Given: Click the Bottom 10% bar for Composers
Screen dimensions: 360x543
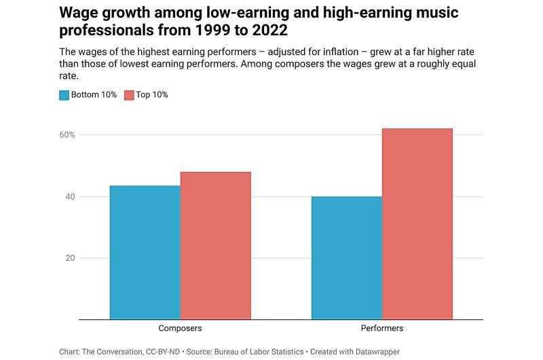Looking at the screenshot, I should pos(145,252).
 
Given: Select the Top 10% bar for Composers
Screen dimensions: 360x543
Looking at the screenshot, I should pos(216,245).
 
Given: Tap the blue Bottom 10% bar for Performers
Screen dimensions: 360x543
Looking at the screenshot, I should pos(347,257).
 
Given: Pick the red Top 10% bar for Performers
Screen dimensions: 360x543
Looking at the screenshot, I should pos(417,223).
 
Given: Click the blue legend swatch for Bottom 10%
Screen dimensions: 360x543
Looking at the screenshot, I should pos(64,95).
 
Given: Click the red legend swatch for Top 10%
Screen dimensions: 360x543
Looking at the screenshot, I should pos(129,95).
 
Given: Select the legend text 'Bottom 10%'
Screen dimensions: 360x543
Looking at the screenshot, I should pos(94,95).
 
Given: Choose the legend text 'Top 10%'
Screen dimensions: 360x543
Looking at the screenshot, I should pos(152,95).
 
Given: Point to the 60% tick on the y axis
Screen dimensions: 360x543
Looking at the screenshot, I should pos(67,135).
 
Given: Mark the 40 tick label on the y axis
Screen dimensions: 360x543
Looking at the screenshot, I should pos(69,197).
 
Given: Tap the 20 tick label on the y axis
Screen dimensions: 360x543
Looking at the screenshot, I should pos(69,258).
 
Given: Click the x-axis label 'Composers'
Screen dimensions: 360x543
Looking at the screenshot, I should pos(180,328).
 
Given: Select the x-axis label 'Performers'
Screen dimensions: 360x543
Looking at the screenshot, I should pos(382,328).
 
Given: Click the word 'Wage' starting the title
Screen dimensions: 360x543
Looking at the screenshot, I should pos(77,13).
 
